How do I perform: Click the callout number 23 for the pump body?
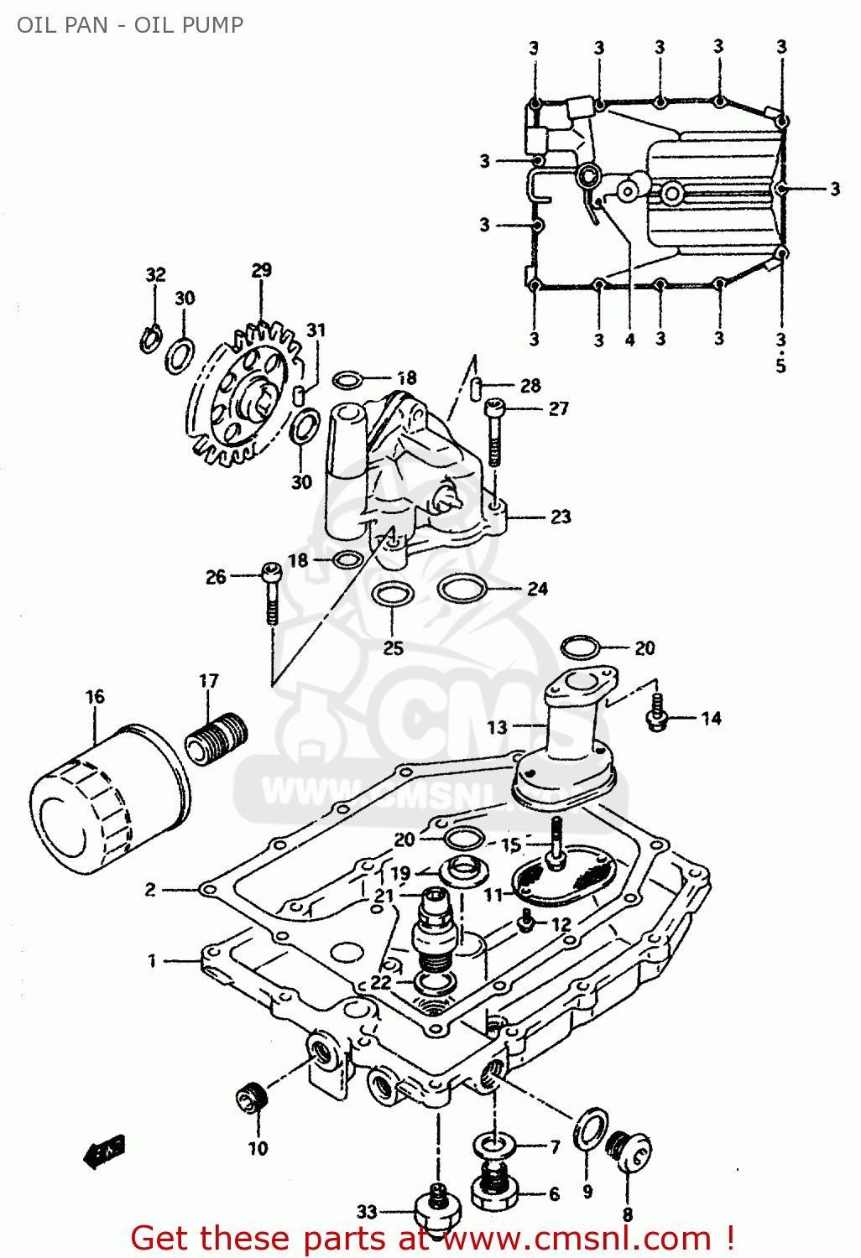pyautogui.click(x=561, y=517)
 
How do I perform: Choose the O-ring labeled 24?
pyautogui.click(x=462, y=589)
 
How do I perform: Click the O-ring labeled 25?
pyautogui.click(x=392, y=595)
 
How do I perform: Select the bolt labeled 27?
pyautogui.click(x=495, y=432)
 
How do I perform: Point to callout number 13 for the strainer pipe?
pyautogui.click(x=497, y=727)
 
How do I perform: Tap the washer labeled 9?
pyautogui.click(x=590, y=1129)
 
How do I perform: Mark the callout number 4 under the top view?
pyautogui.click(x=629, y=340)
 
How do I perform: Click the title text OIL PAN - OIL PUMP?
pyautogui.click(x=130, y=25)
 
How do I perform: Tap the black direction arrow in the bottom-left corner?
pyautogui.click(x=104, y=1152)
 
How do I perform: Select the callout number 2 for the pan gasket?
pyautogui.click(x=150, y=890)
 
